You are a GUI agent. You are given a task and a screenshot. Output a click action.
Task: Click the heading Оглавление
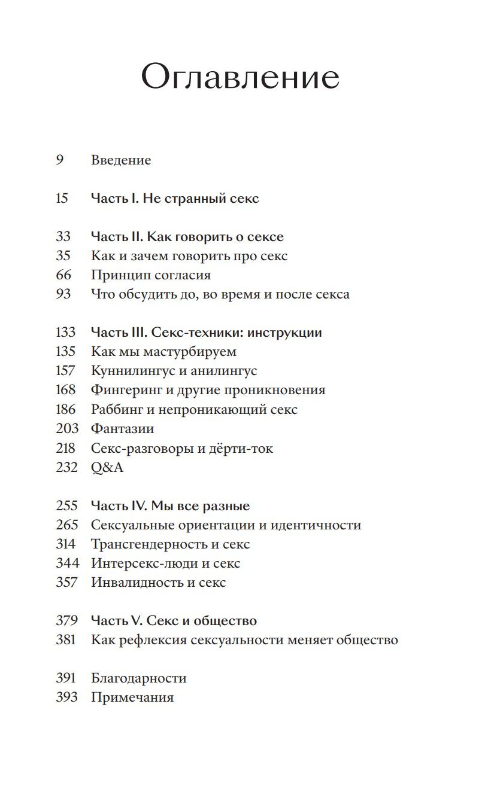(240, 77)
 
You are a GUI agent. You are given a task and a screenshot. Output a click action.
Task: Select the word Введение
(121, 160)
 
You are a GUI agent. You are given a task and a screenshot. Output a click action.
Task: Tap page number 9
(60, 160)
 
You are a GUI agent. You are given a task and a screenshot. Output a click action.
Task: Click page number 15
(62, 199)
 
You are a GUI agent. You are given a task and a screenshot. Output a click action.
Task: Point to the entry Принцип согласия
(151, 275)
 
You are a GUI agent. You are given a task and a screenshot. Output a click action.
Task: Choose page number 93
(63, 294)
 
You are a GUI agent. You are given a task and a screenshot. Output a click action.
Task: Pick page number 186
(66, 410)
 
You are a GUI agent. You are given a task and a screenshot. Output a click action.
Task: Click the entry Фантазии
(123, 429)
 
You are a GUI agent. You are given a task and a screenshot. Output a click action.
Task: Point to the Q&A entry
(107, 468)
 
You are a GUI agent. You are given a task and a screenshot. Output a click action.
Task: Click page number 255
(66, 506)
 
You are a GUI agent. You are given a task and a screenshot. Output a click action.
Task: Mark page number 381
(66, 640)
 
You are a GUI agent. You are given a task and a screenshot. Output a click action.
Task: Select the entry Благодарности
(139, 678)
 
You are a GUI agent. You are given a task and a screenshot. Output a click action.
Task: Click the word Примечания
(132, 697)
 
